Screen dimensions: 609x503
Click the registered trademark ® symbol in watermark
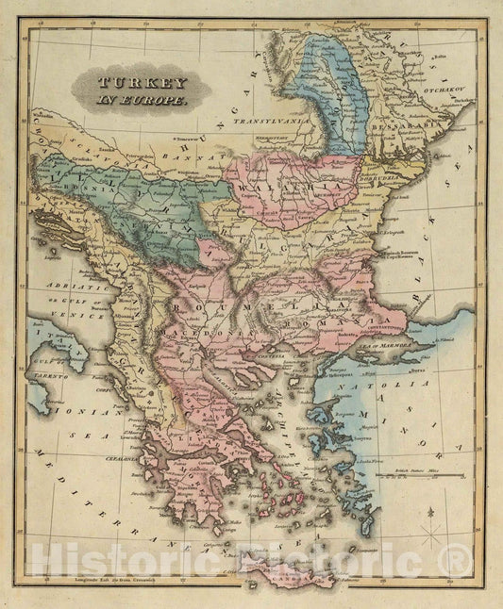click(x=458, y=563)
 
